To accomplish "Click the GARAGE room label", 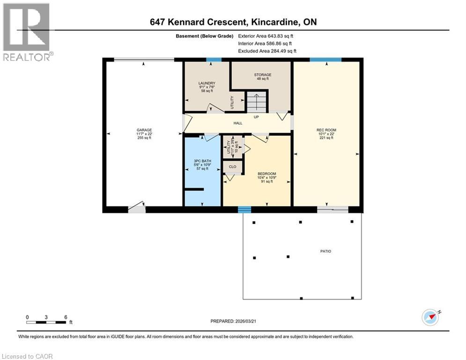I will (144, 130).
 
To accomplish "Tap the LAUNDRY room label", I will (207, 83).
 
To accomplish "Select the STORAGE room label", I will (263, 75).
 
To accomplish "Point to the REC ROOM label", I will (326, 130).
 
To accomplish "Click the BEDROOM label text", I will (266, 173).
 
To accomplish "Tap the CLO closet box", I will (232, 166).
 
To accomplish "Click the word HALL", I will (238, 123).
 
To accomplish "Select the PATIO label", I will (325, 251).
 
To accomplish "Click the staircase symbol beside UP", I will (256, 101).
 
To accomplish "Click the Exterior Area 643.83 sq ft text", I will (266, 36).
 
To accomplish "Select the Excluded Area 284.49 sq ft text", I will (267, 51).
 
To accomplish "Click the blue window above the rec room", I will (325, 60).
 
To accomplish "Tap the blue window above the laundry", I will (214, 60).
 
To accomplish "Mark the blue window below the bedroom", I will (244, 210).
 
